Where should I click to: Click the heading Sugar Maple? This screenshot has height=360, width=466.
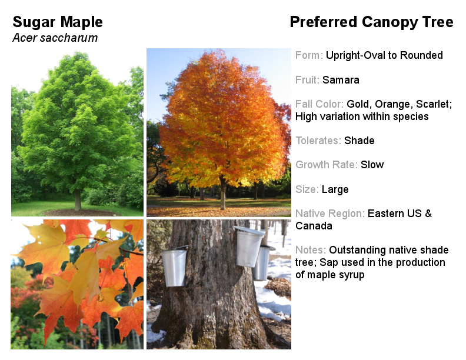pyautogui.click(x=58, y=22)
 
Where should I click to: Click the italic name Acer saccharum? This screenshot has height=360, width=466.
pyautogui.click(x=55, y=38)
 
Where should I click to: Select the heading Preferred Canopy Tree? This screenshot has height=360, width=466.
pyautogui.click(x=371, y=22)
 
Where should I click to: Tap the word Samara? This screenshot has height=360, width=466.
pyautogui.click(x=341, y=80)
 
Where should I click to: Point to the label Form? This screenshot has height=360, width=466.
pyautogui.click(x=309, y=55)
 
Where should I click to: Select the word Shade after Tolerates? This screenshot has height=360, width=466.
pyautogui.click(x=360, y=141)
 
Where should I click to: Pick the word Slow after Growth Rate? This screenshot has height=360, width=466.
pyautogui.click(x=372, y=165)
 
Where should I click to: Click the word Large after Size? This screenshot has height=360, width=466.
pyautogui.click(x=335, y=189)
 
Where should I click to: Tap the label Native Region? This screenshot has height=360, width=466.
pyautogui.click(x=330, y=214)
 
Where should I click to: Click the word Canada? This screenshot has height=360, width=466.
pyautogui.click(x=314, y=226)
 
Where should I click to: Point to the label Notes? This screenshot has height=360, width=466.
pyautogui.click(x=311, y=250)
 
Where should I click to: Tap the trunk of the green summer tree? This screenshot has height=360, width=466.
pyautogui.click(x=78, y=199)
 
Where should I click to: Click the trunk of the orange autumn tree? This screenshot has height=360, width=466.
pyautogui.click(x=223, y=192)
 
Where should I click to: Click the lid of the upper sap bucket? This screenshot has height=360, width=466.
pyautogui.click(x=249, y=230)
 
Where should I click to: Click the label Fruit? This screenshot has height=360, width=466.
pyautogui.click(x=307, y=80)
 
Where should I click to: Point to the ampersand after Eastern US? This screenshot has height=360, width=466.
pyautogui.click(x=428, y=214)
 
